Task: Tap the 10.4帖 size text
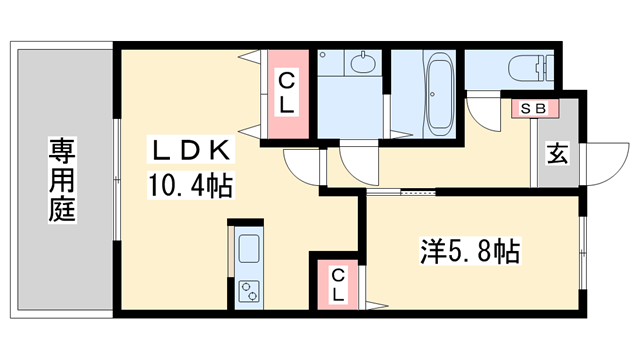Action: click(x=191, y=185)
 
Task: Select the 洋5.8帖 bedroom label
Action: click(x=468, y=252)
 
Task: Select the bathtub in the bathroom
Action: click(x=440, y=95)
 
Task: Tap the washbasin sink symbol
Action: click(x=362, y=64)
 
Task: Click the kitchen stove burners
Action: click(x=248, y=291)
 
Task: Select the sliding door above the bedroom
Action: click(x=400, y=190)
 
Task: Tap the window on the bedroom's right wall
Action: click(x=583, y=250)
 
